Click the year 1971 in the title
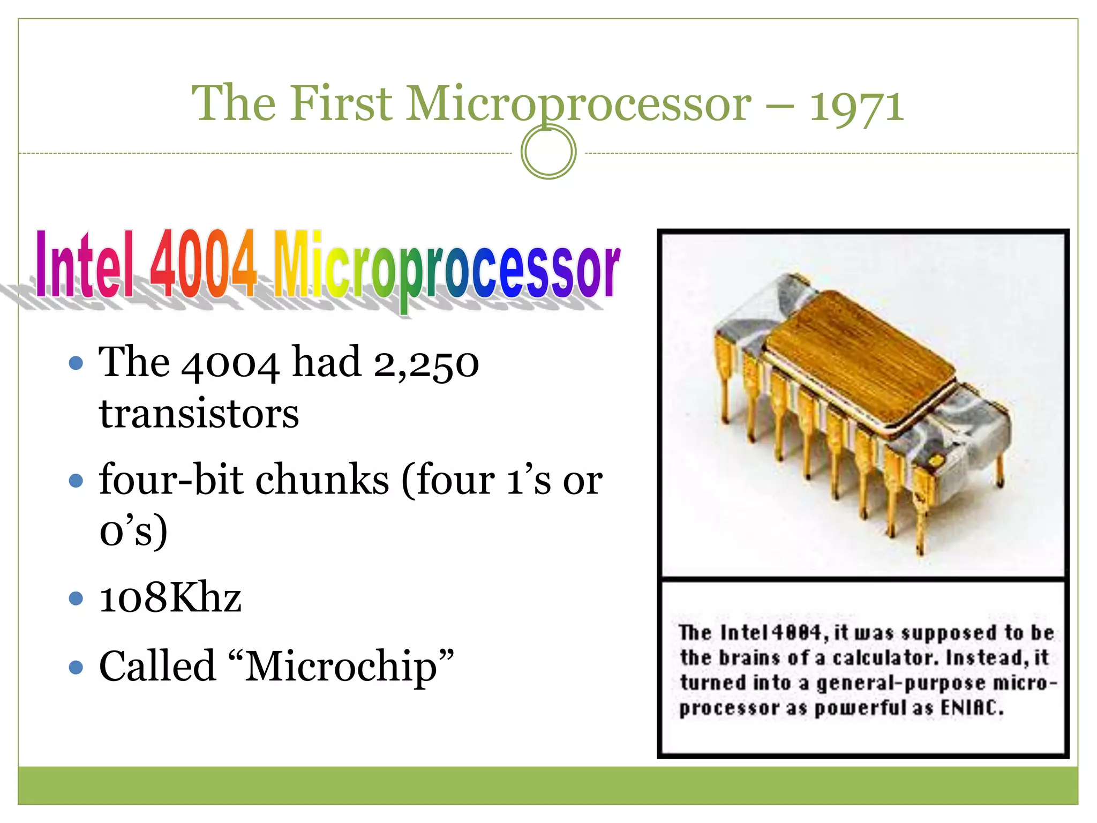[x=856, y=106]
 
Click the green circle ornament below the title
[x=548, y=152]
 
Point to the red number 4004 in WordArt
[x=204, y=264]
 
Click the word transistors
[x=199, y=414]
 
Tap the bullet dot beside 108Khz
[x=76, y=597]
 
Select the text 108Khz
[x=170, y=597]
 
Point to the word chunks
[x=322, y=480]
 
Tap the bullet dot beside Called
[x=76, y=667]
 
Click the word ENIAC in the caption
[x=972, y=708]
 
